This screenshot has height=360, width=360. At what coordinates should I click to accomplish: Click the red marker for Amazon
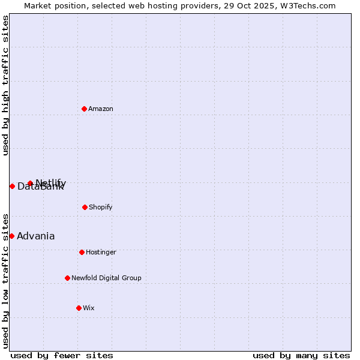coord(84,109)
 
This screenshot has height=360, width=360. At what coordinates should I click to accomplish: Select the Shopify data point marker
coord(85,207)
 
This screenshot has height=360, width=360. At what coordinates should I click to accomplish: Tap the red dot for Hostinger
coord(82,252)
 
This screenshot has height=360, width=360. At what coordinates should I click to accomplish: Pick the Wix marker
coord(79,308)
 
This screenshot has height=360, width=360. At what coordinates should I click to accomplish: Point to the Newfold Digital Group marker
coord(67,278)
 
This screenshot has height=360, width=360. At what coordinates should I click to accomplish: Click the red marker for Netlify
coord(30,183)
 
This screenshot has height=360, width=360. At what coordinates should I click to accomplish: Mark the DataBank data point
coord(12,186)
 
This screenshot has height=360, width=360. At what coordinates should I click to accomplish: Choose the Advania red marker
coord(11,236)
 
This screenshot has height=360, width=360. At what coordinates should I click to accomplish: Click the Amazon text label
coord(101,109)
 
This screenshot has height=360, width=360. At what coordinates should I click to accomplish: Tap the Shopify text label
coord(100,207)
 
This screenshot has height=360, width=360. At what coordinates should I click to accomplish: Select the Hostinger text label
coord(101,252)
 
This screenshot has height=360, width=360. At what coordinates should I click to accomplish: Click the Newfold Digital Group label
coord(106,278)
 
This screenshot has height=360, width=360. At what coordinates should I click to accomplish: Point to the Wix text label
coord(89,308)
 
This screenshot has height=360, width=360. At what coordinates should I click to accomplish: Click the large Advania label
coord(35,236)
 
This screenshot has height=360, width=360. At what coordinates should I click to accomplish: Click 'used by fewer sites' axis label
coord(62,355)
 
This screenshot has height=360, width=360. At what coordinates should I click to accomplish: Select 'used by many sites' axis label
coord(301,355)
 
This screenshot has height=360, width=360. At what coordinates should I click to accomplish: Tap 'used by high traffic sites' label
coord(5,85)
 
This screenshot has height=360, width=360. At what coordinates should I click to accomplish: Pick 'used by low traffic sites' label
coord(5,280)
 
